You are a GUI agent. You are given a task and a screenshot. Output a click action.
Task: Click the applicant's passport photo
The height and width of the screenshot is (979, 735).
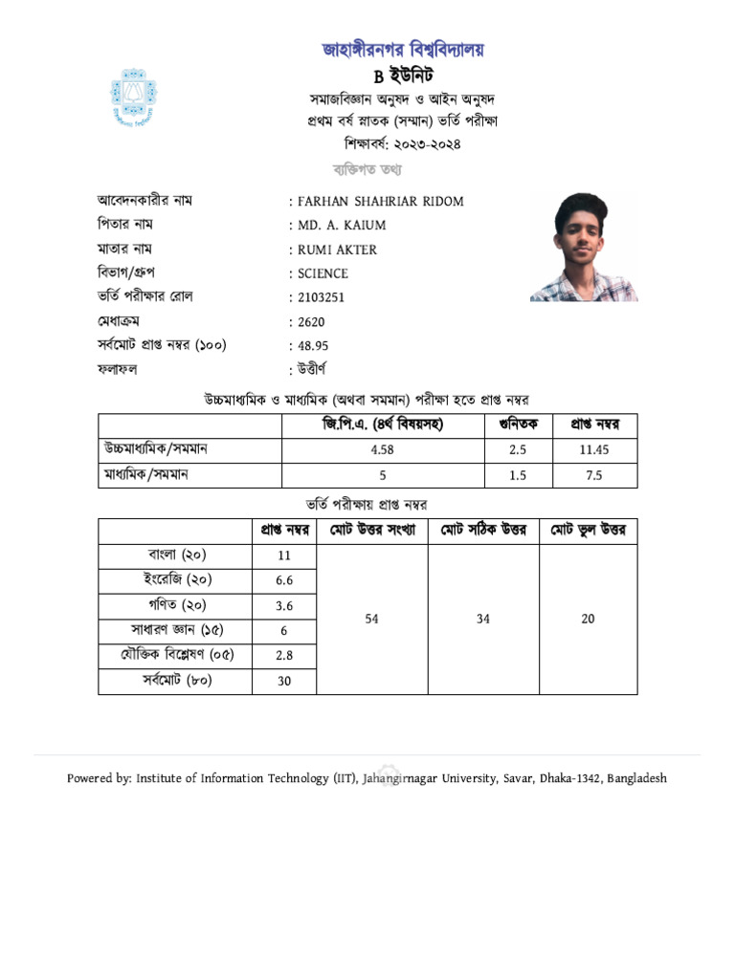(x=584, y=248)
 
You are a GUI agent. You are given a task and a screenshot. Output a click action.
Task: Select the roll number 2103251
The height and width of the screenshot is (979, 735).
(x=322, y=297)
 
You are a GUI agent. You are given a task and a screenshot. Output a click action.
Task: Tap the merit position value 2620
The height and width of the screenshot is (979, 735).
(x=312, y=322)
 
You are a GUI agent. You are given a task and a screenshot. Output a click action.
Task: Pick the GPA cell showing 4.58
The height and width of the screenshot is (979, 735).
(x=382, y=450)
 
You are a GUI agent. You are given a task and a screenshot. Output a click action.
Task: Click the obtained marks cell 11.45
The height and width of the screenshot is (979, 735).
(x=593, y=450)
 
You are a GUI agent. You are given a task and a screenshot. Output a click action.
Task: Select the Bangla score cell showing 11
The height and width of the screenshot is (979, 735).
(x=283, y=555)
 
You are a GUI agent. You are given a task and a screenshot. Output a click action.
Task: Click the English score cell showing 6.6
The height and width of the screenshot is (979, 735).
(x=283, y=580)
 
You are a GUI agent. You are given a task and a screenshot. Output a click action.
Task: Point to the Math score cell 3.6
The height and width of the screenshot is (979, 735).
(x=283, y=606)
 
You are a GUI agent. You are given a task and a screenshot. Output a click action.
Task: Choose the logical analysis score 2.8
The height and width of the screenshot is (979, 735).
(x=283, y=656)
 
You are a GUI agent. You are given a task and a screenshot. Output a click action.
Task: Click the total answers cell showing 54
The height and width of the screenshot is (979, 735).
(x=372, y=619)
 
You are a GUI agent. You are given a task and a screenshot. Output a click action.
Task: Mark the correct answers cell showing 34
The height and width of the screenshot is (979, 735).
(x=482, y=619)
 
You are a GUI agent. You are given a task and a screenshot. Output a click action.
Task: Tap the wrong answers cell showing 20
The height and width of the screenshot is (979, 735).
(x=588, y=619)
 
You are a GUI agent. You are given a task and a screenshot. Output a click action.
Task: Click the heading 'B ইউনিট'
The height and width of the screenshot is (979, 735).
(x=402, y=76)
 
